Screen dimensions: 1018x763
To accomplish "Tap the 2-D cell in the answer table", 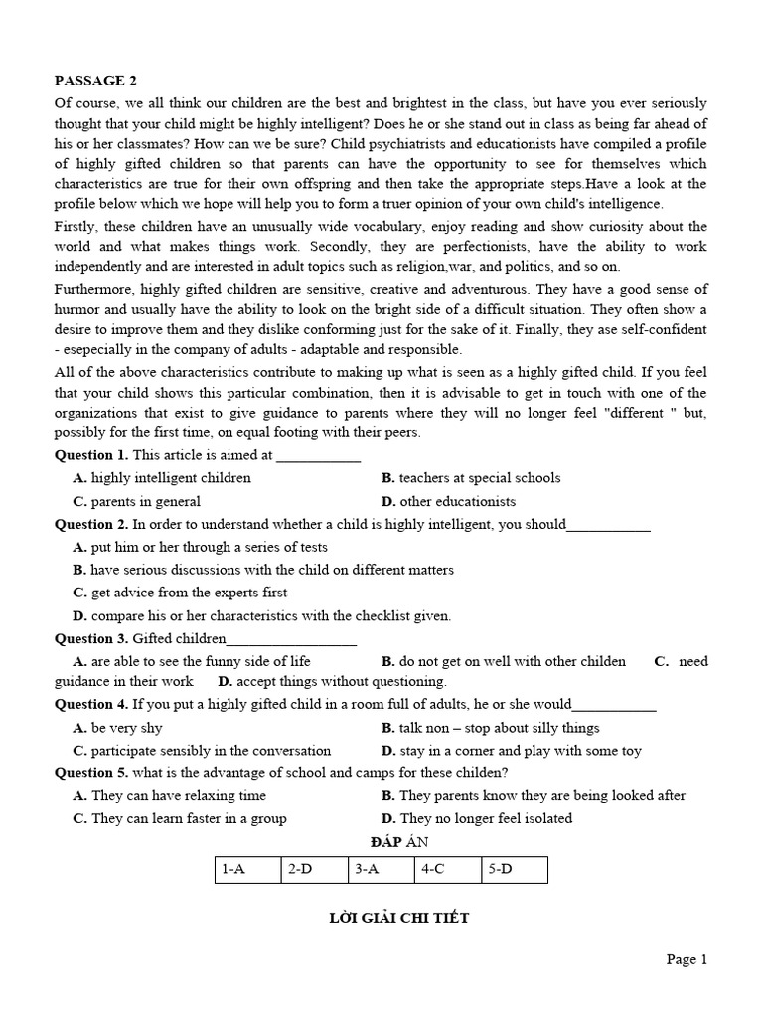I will pyautogui.click(x=314, y=869).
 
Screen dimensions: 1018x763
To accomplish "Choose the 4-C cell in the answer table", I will pyautogui.click(x=447, y=869).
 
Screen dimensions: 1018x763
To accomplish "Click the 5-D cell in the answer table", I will pyautogui.click(x=514, y=869).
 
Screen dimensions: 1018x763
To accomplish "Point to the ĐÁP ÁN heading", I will pyautogui.click(x=381, y=842).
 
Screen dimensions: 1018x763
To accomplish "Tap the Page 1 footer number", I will pyautogui.click(x=687, y=959).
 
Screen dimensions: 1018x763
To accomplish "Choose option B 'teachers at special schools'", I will pyautogui.click(x=471, y=478).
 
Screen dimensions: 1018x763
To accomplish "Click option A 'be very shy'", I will pyautogui.click(x=118, y=728).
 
